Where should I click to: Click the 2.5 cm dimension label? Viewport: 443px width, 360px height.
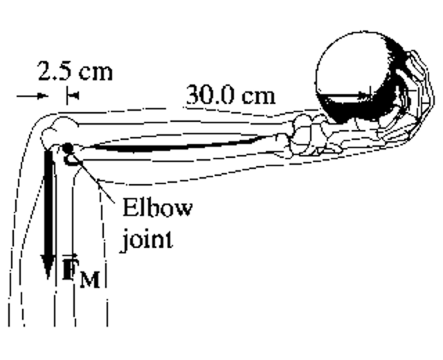tap(75, 71)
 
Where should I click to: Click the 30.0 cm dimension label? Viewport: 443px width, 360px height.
tap(230, 96)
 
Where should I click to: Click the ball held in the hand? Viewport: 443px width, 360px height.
tap(353, 76)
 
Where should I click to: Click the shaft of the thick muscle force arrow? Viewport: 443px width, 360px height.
tap(48, 201)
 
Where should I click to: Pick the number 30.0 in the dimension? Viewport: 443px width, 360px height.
tap(210, 96)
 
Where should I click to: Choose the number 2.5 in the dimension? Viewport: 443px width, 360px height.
tap(55, 71)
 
